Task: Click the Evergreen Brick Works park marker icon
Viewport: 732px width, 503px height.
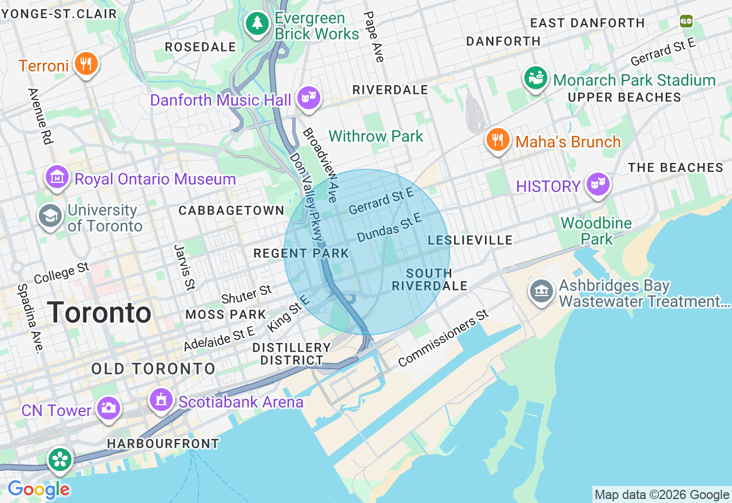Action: pos(258,23)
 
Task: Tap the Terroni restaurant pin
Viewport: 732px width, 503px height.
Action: pos(86,63)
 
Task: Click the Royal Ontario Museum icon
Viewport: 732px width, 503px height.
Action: pos(57,178)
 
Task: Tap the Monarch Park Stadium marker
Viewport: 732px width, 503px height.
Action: pos(536,79)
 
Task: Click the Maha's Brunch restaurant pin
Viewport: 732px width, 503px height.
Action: pos(498,139)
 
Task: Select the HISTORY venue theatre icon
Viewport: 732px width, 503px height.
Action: pos(598,183)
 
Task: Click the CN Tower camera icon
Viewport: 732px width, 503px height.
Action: pos(108,408)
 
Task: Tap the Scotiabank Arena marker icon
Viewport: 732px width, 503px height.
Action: pos(162,400)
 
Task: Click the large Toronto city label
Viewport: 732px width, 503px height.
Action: pos(100,313)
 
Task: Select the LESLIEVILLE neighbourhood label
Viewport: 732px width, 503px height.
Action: pos(470,240)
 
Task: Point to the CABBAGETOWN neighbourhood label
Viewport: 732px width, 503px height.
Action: pos(232,210)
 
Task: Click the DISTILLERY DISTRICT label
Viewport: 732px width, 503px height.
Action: pos(292,354)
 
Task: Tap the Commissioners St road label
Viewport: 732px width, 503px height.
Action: pos(444,339)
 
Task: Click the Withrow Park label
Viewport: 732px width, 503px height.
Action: pos(376,136)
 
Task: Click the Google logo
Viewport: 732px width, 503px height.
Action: pos(38,490)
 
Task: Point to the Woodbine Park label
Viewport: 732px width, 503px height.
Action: pos(596,231)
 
